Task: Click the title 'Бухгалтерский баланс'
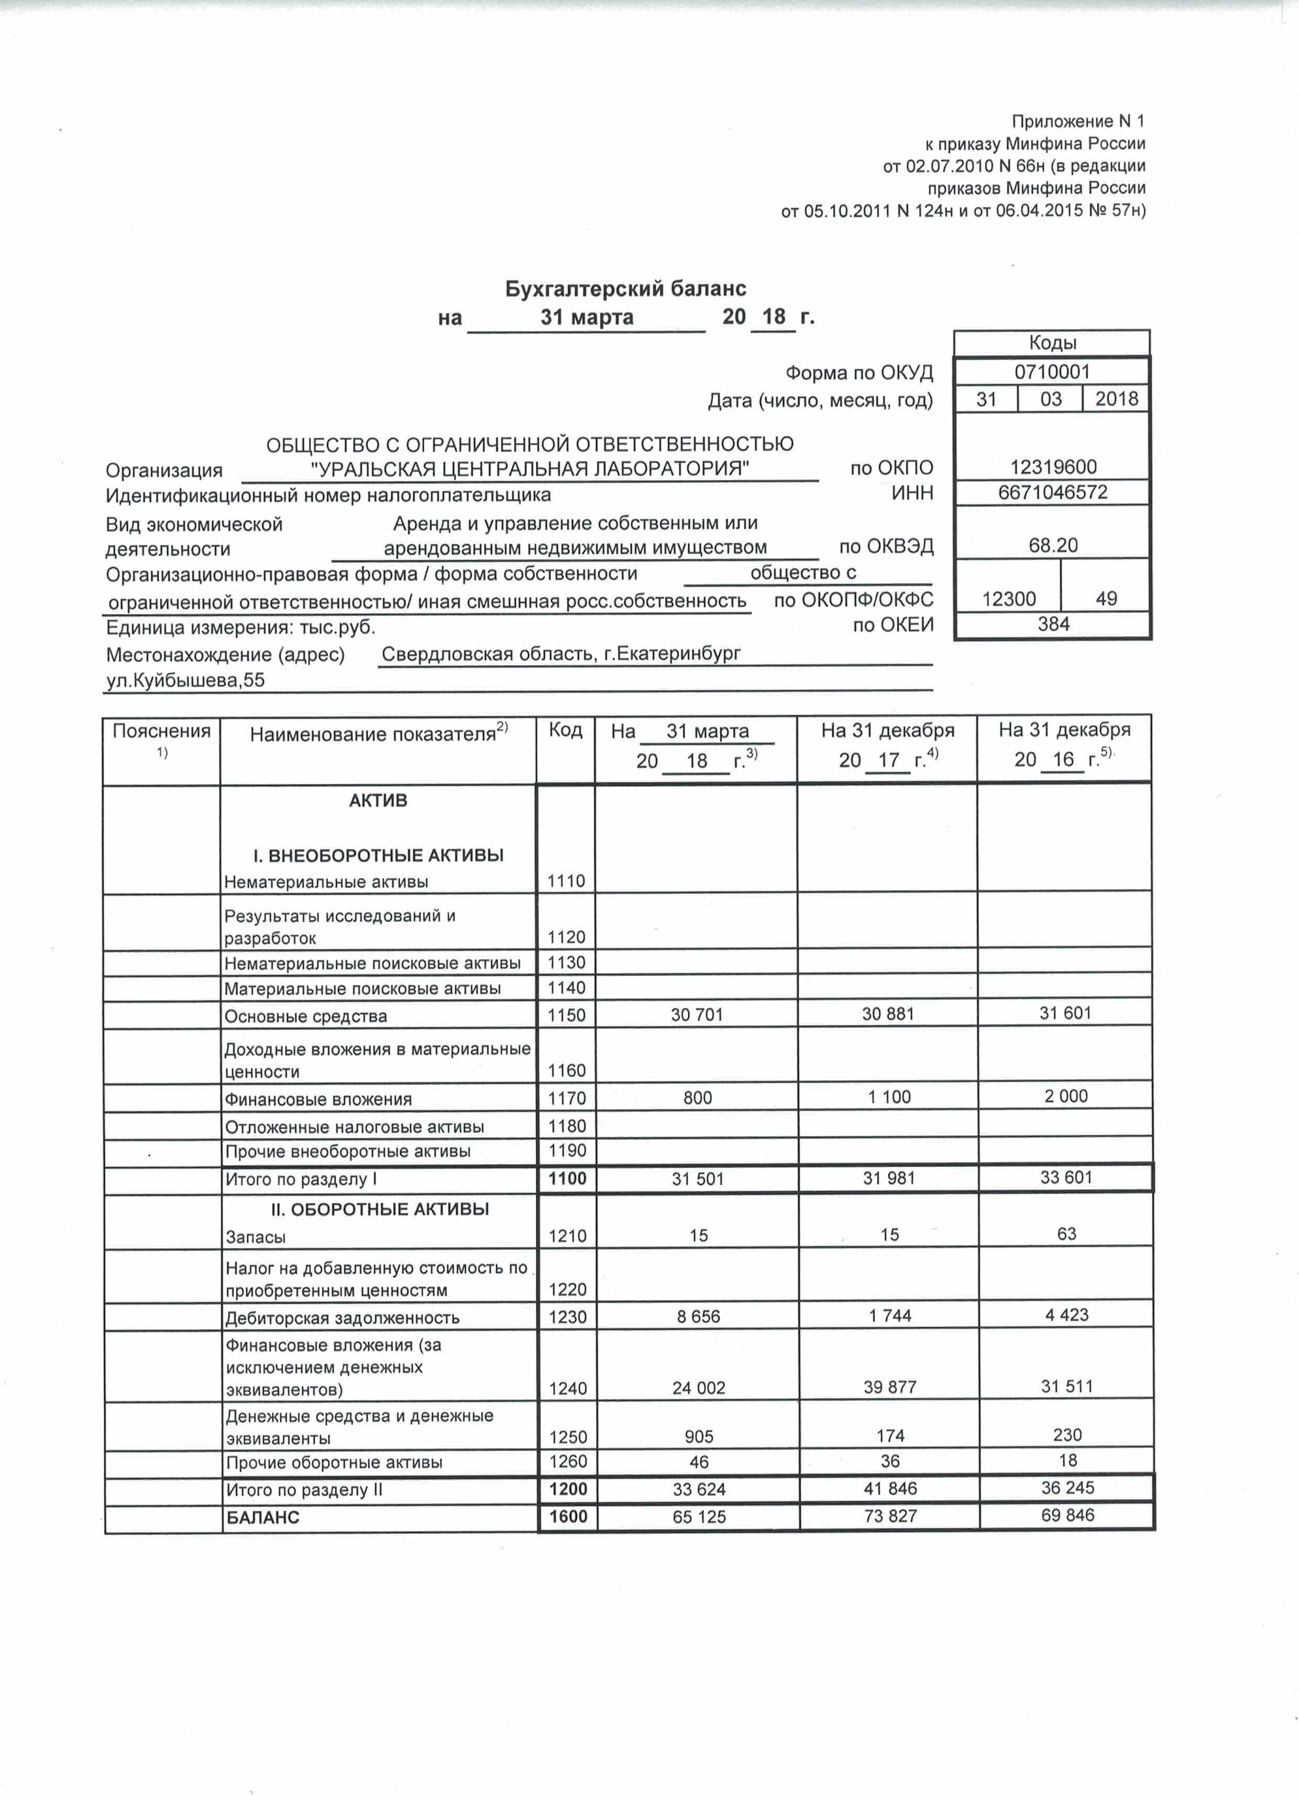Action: (x=625, y=289)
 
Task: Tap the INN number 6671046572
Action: (x=1052, y=492)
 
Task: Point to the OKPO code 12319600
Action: (x=1052, y=467)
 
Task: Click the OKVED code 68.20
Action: (x=1053, y=545)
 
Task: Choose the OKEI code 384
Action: (x=1053, y=624)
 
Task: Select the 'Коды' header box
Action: (x=1052, y=343)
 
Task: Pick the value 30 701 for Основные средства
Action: (x=697, y=1014)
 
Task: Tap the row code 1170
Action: (x=567, y=1099)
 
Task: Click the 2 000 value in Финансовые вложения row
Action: (x=1066, y=1096)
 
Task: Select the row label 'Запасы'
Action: (x=256, y=1236)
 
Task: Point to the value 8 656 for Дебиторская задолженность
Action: (x=698, y=1316)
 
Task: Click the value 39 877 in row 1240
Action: (x=889, y=1387)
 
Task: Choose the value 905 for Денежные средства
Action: (x=698, y=1436)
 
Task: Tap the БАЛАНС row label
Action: (x=262, y=1518)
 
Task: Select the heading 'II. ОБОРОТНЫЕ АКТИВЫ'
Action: (x=379, y=1210)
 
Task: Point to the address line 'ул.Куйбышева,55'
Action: (x=186, y=680)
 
